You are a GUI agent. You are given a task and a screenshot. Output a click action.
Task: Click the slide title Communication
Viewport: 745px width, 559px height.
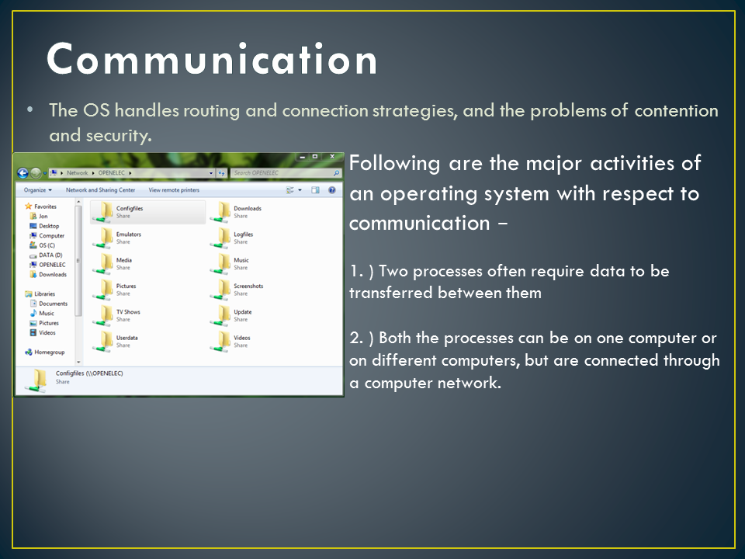pos(212,59)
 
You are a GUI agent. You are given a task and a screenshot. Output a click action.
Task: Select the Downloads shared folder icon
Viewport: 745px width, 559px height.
pos(223,211)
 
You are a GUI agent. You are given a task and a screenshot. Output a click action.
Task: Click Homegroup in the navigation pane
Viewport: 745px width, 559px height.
pos(49,352)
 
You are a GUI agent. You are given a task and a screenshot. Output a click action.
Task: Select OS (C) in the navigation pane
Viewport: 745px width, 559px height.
pos(46,245)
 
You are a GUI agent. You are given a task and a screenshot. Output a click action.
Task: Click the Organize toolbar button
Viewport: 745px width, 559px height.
pos(36,189)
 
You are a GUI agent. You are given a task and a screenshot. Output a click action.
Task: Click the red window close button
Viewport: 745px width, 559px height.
pos(332,157)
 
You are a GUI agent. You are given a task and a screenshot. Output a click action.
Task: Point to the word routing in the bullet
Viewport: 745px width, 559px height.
pos(212,110)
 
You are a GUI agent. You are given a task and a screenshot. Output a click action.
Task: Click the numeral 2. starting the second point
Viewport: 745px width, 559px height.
pos(355,339)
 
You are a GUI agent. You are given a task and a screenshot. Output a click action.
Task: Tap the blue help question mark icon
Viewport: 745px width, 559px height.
pos(332,189)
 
